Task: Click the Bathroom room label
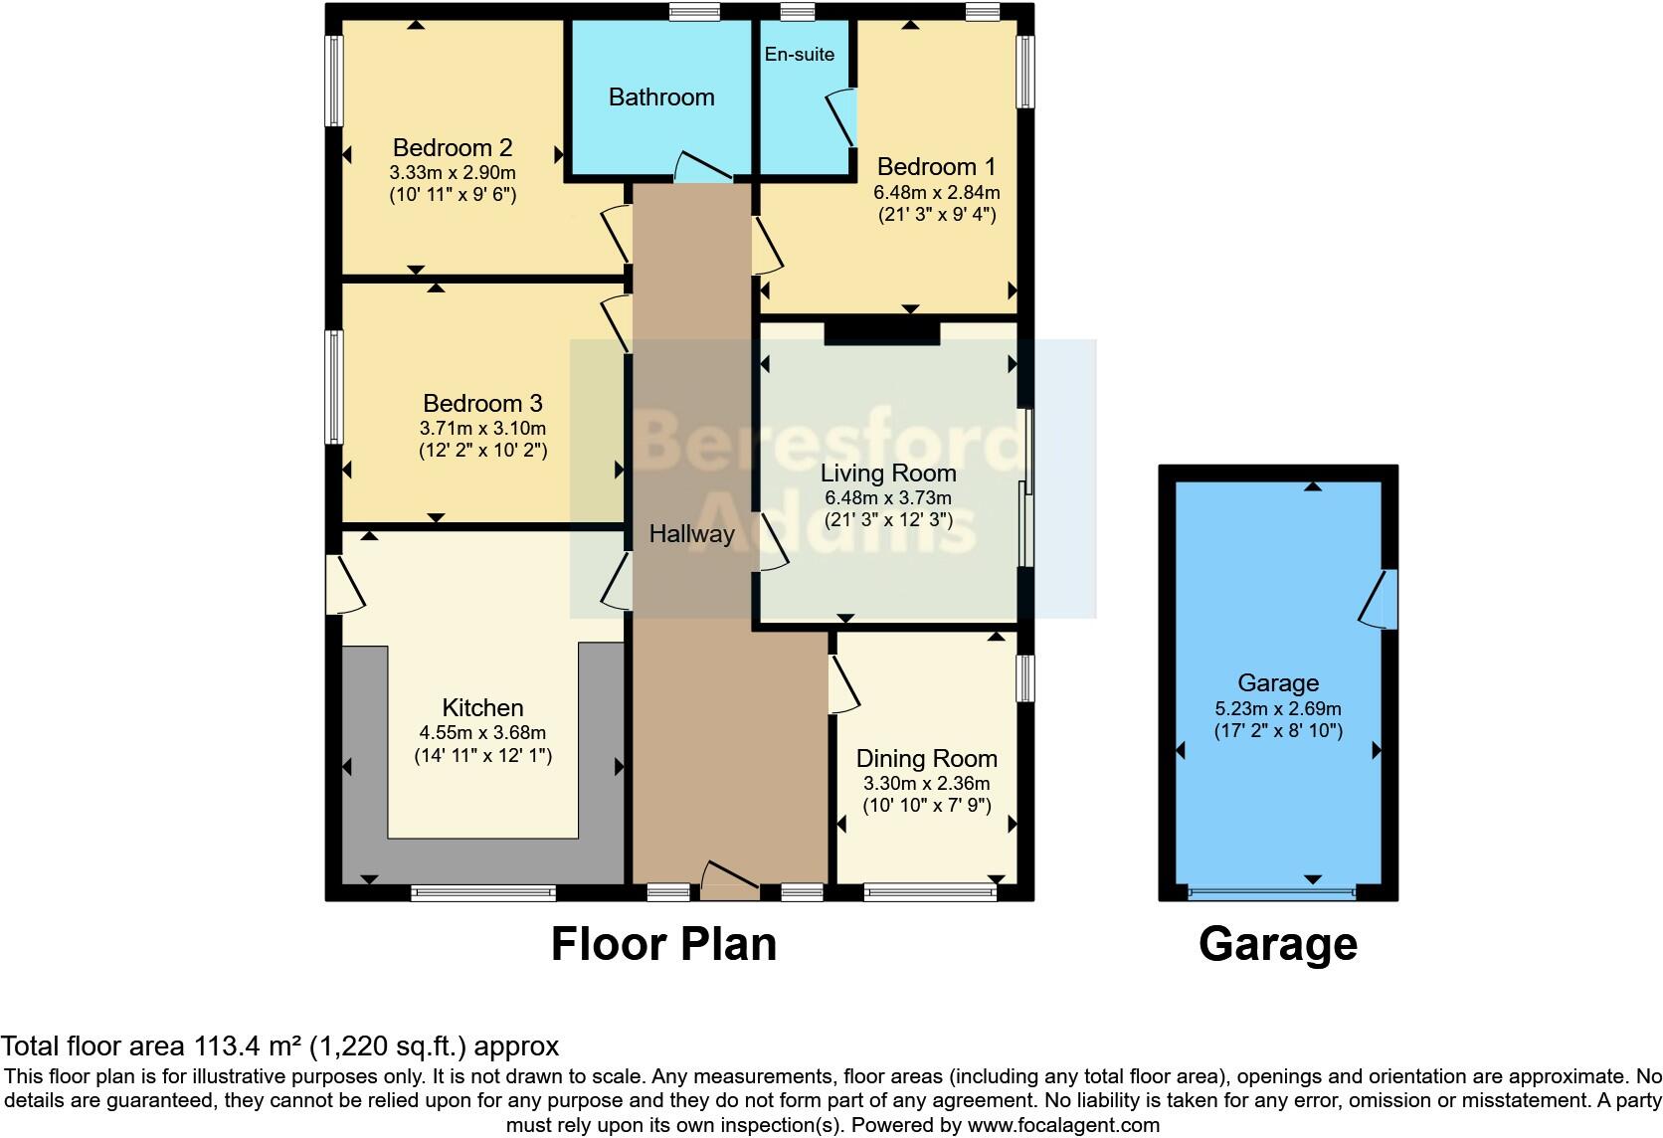pos(661,96)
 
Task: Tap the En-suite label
pos(800,55)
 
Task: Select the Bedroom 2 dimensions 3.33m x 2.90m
pos(453,172)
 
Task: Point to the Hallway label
pos(691,533)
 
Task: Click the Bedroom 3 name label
pos(482,403)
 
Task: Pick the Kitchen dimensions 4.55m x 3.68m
pos(482,733)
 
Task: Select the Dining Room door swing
pos(843,683)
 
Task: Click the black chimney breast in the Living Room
pos(881,331)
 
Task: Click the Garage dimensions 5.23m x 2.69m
pos(1278,709)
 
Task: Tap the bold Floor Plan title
pos(663,944)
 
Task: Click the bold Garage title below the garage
pos(1278,944)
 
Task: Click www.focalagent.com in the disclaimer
pos(1063,1125)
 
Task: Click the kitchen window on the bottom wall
pos(483,893)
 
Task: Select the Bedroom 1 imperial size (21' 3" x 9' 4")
pos(936,214)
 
